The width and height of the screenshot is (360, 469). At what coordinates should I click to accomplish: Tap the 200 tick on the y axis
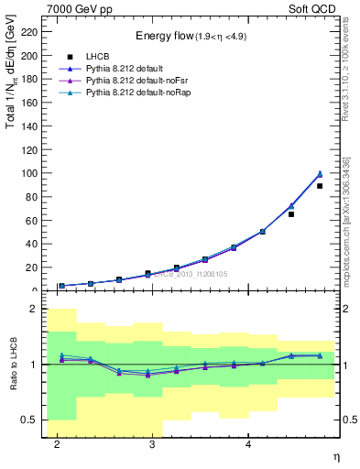[x=31, y=55]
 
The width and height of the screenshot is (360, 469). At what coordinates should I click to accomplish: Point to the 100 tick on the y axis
[x=31, y=173]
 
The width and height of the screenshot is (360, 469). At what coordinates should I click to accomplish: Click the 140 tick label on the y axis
[x=31, y=125]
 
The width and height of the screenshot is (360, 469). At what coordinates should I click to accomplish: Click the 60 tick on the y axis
[x=34, y=220]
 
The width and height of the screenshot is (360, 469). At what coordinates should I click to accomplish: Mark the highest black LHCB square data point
[x=320, y=186]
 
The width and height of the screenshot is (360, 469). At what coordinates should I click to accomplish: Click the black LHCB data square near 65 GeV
[x=291, y=214]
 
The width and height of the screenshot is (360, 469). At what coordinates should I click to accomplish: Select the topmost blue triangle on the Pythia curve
[x=320, y=173]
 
